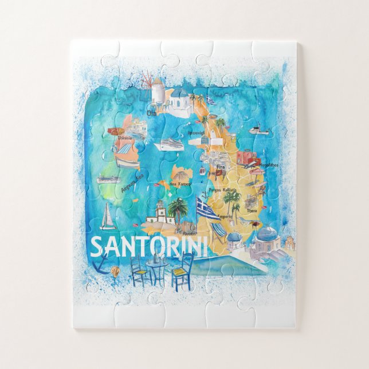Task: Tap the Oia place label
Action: [x=151, y=113]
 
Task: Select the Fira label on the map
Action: [x=221, y=167]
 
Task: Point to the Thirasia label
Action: [x=125, y=138]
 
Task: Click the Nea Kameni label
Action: [x=180, y=184]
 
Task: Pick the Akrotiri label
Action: [x=189, y=234]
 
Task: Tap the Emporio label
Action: [x=225, y=217]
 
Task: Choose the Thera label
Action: [x=251, y=210]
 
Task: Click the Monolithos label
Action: [x=268, y=165]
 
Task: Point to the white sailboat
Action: [x=107, y=218]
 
